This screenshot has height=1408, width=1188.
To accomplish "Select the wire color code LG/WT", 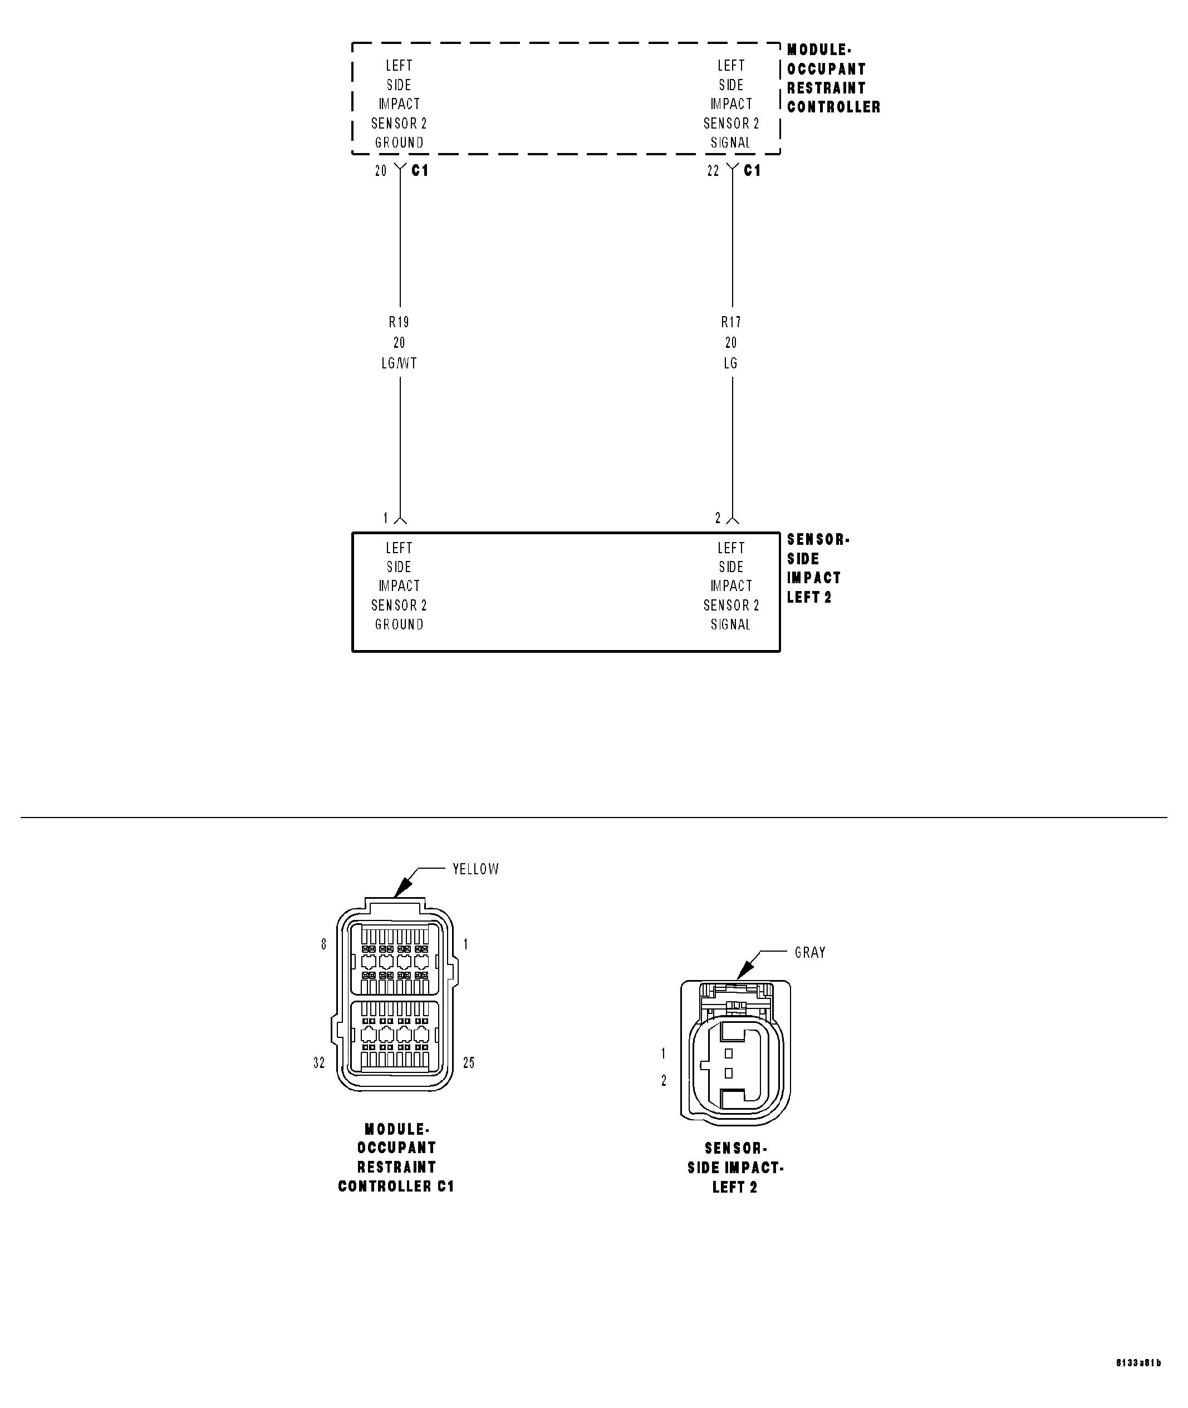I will [x=399, y=363].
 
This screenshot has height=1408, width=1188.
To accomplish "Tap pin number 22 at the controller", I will [x=713, y=171].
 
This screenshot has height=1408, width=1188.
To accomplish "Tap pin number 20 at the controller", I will [x=381, y=171].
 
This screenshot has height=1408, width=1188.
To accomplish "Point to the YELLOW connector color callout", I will [x=475, y=869].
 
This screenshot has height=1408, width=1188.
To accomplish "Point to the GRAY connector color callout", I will [x=809, y=953].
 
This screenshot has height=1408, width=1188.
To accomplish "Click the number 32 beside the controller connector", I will [x=319, y=1062].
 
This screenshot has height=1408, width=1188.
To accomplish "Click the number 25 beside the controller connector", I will [x=469, y=1062].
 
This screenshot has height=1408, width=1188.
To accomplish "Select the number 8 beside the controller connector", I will [x=324, y=945].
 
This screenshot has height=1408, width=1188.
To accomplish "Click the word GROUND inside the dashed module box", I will [x=399, y=143].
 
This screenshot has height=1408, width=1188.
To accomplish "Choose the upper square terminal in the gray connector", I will [x=729, y=1053].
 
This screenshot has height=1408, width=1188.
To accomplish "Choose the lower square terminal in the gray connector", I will [x=729, y=1074].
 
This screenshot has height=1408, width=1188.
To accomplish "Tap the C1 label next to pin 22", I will [x=752, y=171].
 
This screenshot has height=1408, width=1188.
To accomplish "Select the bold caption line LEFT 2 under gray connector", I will [x=735, y=1187].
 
